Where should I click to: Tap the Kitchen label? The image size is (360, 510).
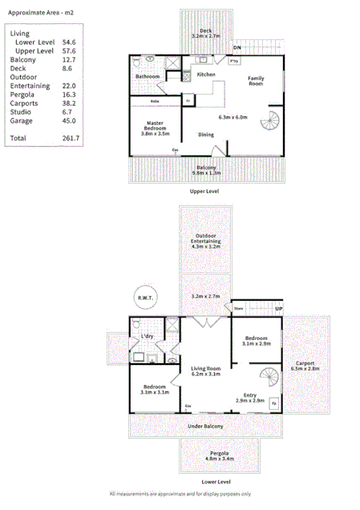206,75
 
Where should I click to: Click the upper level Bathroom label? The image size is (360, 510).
147,77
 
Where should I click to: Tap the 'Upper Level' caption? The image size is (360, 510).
204,191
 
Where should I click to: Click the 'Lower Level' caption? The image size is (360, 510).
216,481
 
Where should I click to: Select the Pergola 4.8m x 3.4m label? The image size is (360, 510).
216,456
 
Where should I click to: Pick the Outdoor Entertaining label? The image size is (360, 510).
206,241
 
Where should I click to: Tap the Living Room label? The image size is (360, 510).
206,370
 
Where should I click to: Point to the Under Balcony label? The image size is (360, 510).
206,426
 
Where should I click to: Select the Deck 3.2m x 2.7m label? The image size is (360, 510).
206,34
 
